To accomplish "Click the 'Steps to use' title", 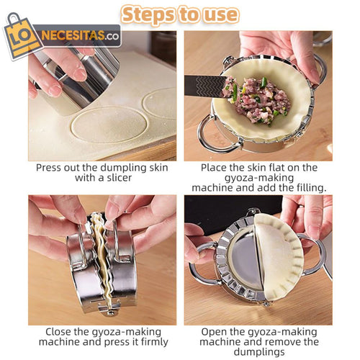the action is (x=180, y=15).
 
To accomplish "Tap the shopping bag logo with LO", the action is (x=22, y=36).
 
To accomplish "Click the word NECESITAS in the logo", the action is (x=73, y=36).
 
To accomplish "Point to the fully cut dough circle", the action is (x=109, y=124).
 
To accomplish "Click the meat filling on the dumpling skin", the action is (x=259, y=101).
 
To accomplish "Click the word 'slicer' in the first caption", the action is (x=120, y=178).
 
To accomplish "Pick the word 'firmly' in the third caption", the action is (x=155, y=342).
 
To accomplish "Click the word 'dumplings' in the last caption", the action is (x=259, y=352).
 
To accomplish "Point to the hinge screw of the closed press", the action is (x=111, y=312).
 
